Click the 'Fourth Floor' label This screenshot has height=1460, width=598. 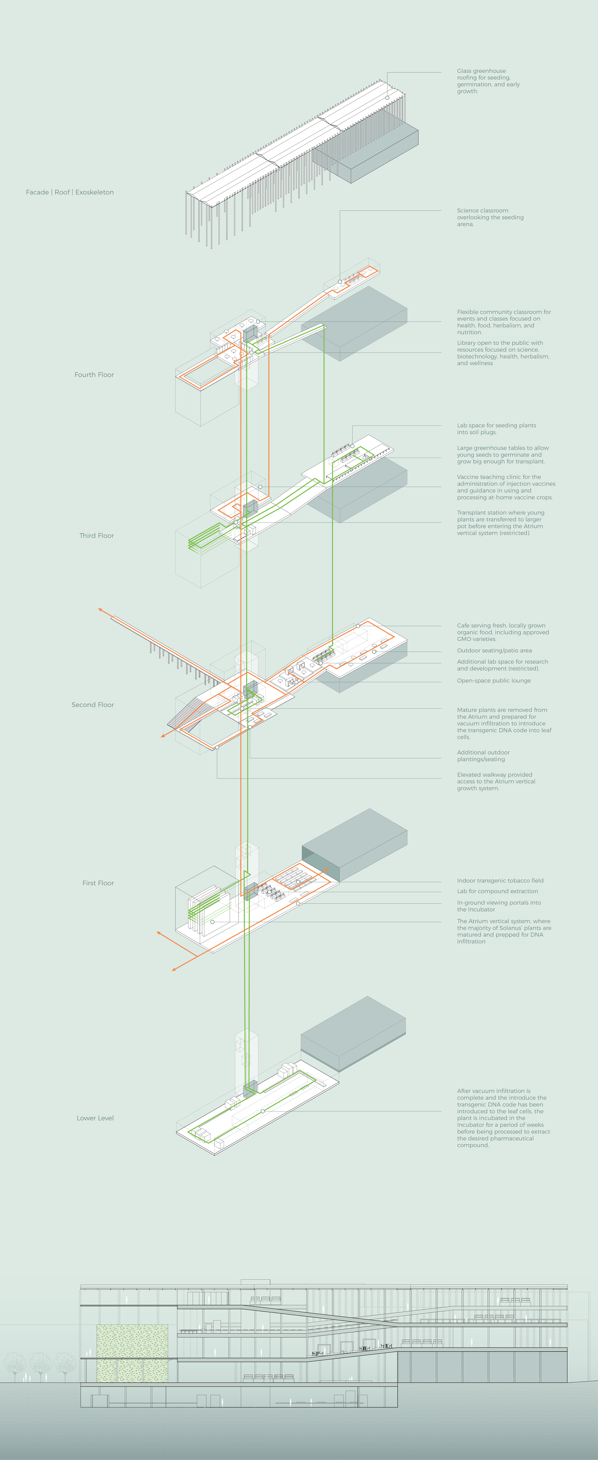[x=94, y=375]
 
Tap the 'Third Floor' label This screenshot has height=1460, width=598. [x=97, y=536]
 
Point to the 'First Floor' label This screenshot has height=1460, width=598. [x=98, y=883]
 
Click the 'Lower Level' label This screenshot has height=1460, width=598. [x=95, y=1118]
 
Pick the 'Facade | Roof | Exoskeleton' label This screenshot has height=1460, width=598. [x=70, y=192]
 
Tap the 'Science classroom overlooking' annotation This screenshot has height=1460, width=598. [x=490, y=217]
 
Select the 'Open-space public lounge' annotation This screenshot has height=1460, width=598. [x=494, y=681]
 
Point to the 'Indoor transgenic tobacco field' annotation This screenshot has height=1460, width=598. [x=500, y=881]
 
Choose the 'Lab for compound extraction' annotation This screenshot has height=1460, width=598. [x=497, y=892]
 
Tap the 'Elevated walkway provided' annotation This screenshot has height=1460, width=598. [x=496, y=782]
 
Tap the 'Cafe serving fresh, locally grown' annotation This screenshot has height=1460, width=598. [x=503, y=632]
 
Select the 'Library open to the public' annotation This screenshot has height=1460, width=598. [x=503, y=353]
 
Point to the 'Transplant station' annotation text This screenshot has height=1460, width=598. [x=501, y=523]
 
